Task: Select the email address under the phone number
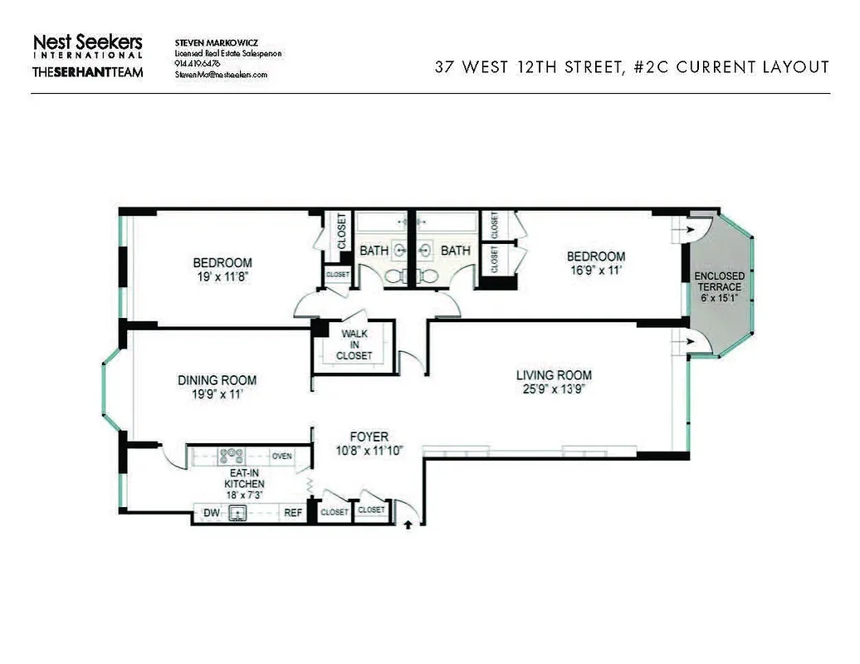[221, 74]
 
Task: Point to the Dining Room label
[217, 380]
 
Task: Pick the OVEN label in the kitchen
[282, 456]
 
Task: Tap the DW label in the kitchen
[211, 513]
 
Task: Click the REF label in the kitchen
[293, 513]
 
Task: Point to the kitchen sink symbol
[239, 513]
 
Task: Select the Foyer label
[369, 437]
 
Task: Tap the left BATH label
[374, 250]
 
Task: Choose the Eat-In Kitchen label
[245, 476]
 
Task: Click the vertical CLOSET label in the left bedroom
[341, 232]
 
